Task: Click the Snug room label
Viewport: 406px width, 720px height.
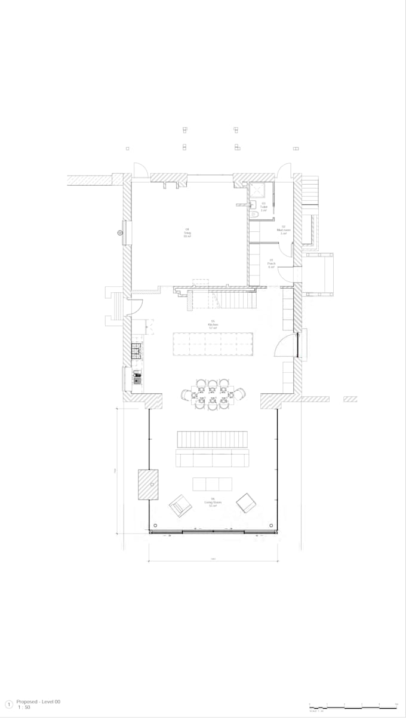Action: tap(187, 233)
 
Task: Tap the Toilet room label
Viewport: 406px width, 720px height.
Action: tap(263, 207)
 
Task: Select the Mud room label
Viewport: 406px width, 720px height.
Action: tap(283, 231)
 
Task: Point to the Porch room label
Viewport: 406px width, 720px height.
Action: tap(271, 265)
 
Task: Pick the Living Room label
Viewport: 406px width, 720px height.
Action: tap(213, 503)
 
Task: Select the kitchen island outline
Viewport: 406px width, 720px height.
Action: tap(213, 344)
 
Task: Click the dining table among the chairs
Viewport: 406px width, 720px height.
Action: tap(213, 394)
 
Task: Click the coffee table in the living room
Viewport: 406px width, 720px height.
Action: tap(212, 483)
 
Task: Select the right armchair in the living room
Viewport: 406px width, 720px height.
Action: tap(245, 503)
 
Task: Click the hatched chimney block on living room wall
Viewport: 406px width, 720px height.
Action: tap(148, 484)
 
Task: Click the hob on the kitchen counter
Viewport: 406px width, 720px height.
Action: tap(136, 350)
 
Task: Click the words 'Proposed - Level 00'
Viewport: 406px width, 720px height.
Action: tap(38, 701)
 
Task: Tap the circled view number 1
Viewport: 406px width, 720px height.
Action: tap(8, 704)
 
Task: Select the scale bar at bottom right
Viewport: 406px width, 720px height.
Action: tap(353, 707)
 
